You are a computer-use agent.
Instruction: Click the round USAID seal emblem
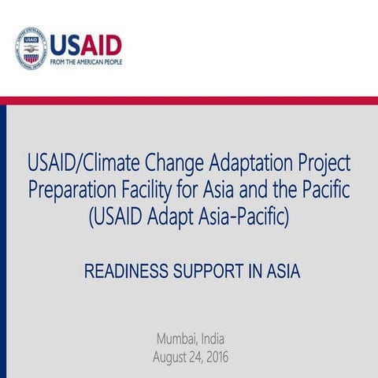click(31, 48)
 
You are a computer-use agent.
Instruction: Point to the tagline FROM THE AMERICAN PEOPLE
click(86, 61)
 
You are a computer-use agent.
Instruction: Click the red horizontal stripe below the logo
click(189, 100)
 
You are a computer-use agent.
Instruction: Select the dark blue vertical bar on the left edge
click(3, 236)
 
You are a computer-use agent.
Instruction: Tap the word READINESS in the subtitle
click(122, 272)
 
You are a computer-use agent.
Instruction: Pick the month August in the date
click(172, 358)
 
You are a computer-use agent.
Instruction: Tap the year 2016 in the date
click(213, 358)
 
